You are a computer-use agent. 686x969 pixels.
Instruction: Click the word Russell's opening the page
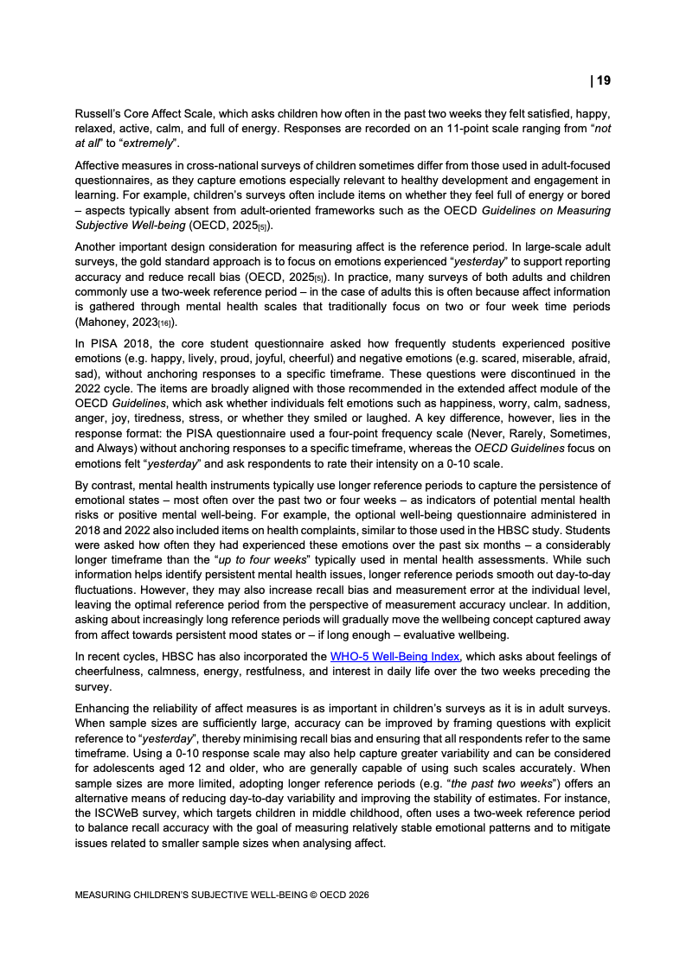[x=97, y=113]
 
